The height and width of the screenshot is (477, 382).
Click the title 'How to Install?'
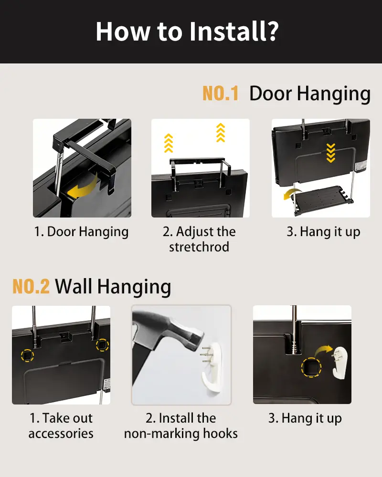[x=187, y=31]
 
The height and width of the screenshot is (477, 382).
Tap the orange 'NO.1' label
[x=221, y=93]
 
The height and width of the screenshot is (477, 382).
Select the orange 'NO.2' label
[x=31, y=286]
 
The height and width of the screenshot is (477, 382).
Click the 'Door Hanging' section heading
[x=310, y=93]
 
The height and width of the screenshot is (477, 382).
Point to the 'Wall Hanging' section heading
[x=113, y=287]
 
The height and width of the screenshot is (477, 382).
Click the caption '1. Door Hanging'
[x=81, y=232]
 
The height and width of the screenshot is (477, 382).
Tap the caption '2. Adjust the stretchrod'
[x=199, y=239]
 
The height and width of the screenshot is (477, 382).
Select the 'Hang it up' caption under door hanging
[x=323, y=232]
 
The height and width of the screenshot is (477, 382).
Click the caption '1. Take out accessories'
[x=61, y=425]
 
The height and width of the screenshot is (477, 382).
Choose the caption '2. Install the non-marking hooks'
[x=181, y=425]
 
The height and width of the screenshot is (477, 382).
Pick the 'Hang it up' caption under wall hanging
[x=305, y=418]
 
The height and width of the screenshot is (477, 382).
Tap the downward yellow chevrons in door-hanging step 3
[x=331, y=153]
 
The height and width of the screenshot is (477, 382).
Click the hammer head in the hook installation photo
[x=183, y=332]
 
